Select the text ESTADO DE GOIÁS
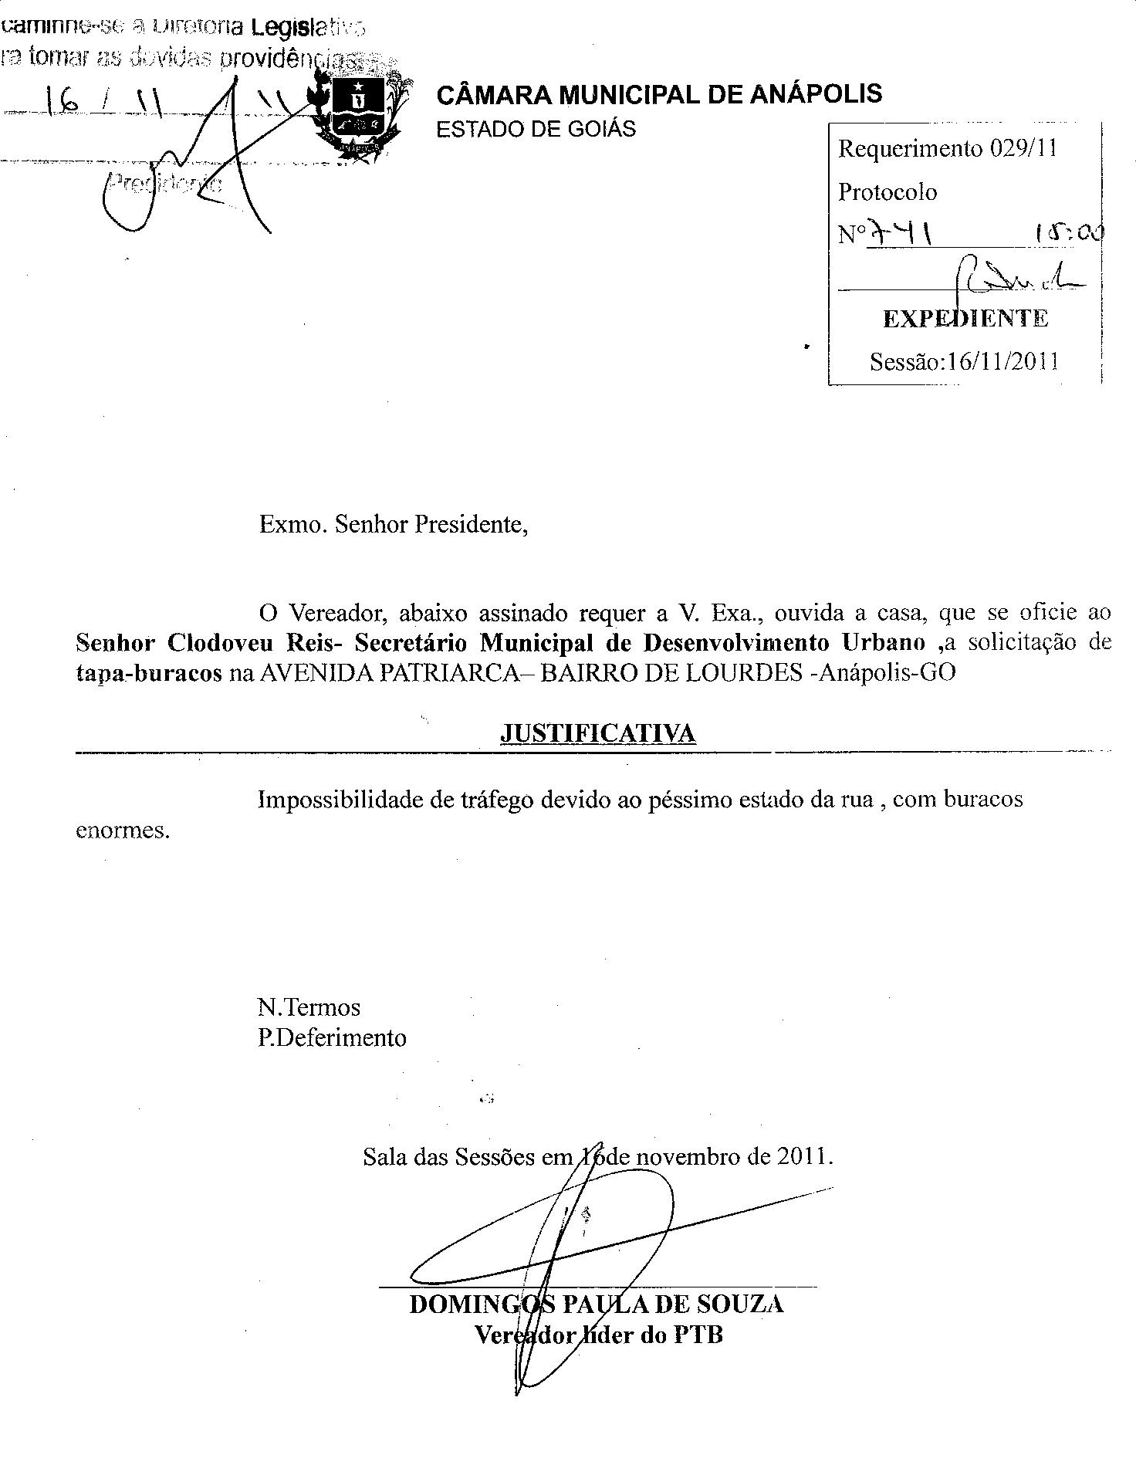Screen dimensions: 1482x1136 pos(536,129)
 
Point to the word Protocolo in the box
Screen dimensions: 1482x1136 pos(887,191)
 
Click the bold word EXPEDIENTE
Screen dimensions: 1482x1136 pos(965,319)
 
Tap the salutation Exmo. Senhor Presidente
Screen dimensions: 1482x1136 pos(394,525)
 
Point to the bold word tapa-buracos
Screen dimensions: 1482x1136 pos(149,672)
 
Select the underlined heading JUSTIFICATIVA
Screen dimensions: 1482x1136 pos(598,733)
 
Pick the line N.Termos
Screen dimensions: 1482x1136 pos(309,1007)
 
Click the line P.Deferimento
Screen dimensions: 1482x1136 pos(332,1037)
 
